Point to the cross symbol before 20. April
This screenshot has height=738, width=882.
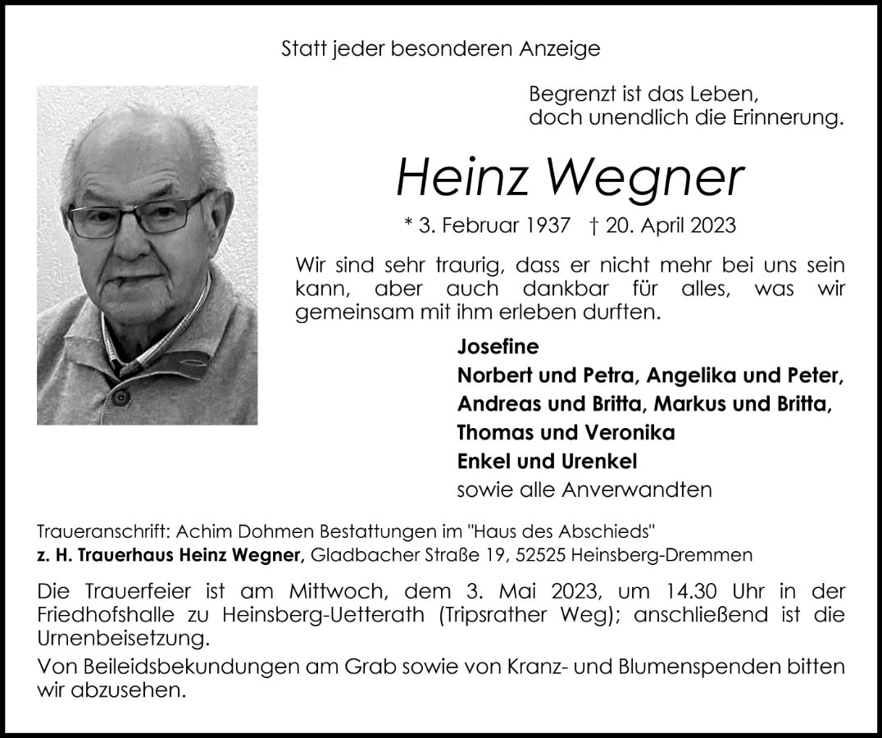point(594,225)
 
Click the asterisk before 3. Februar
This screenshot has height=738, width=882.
point(409,225)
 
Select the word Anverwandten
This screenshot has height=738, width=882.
point(637,490)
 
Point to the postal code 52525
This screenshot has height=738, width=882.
point(541,555)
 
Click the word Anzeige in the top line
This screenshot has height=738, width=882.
point(561,48)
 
